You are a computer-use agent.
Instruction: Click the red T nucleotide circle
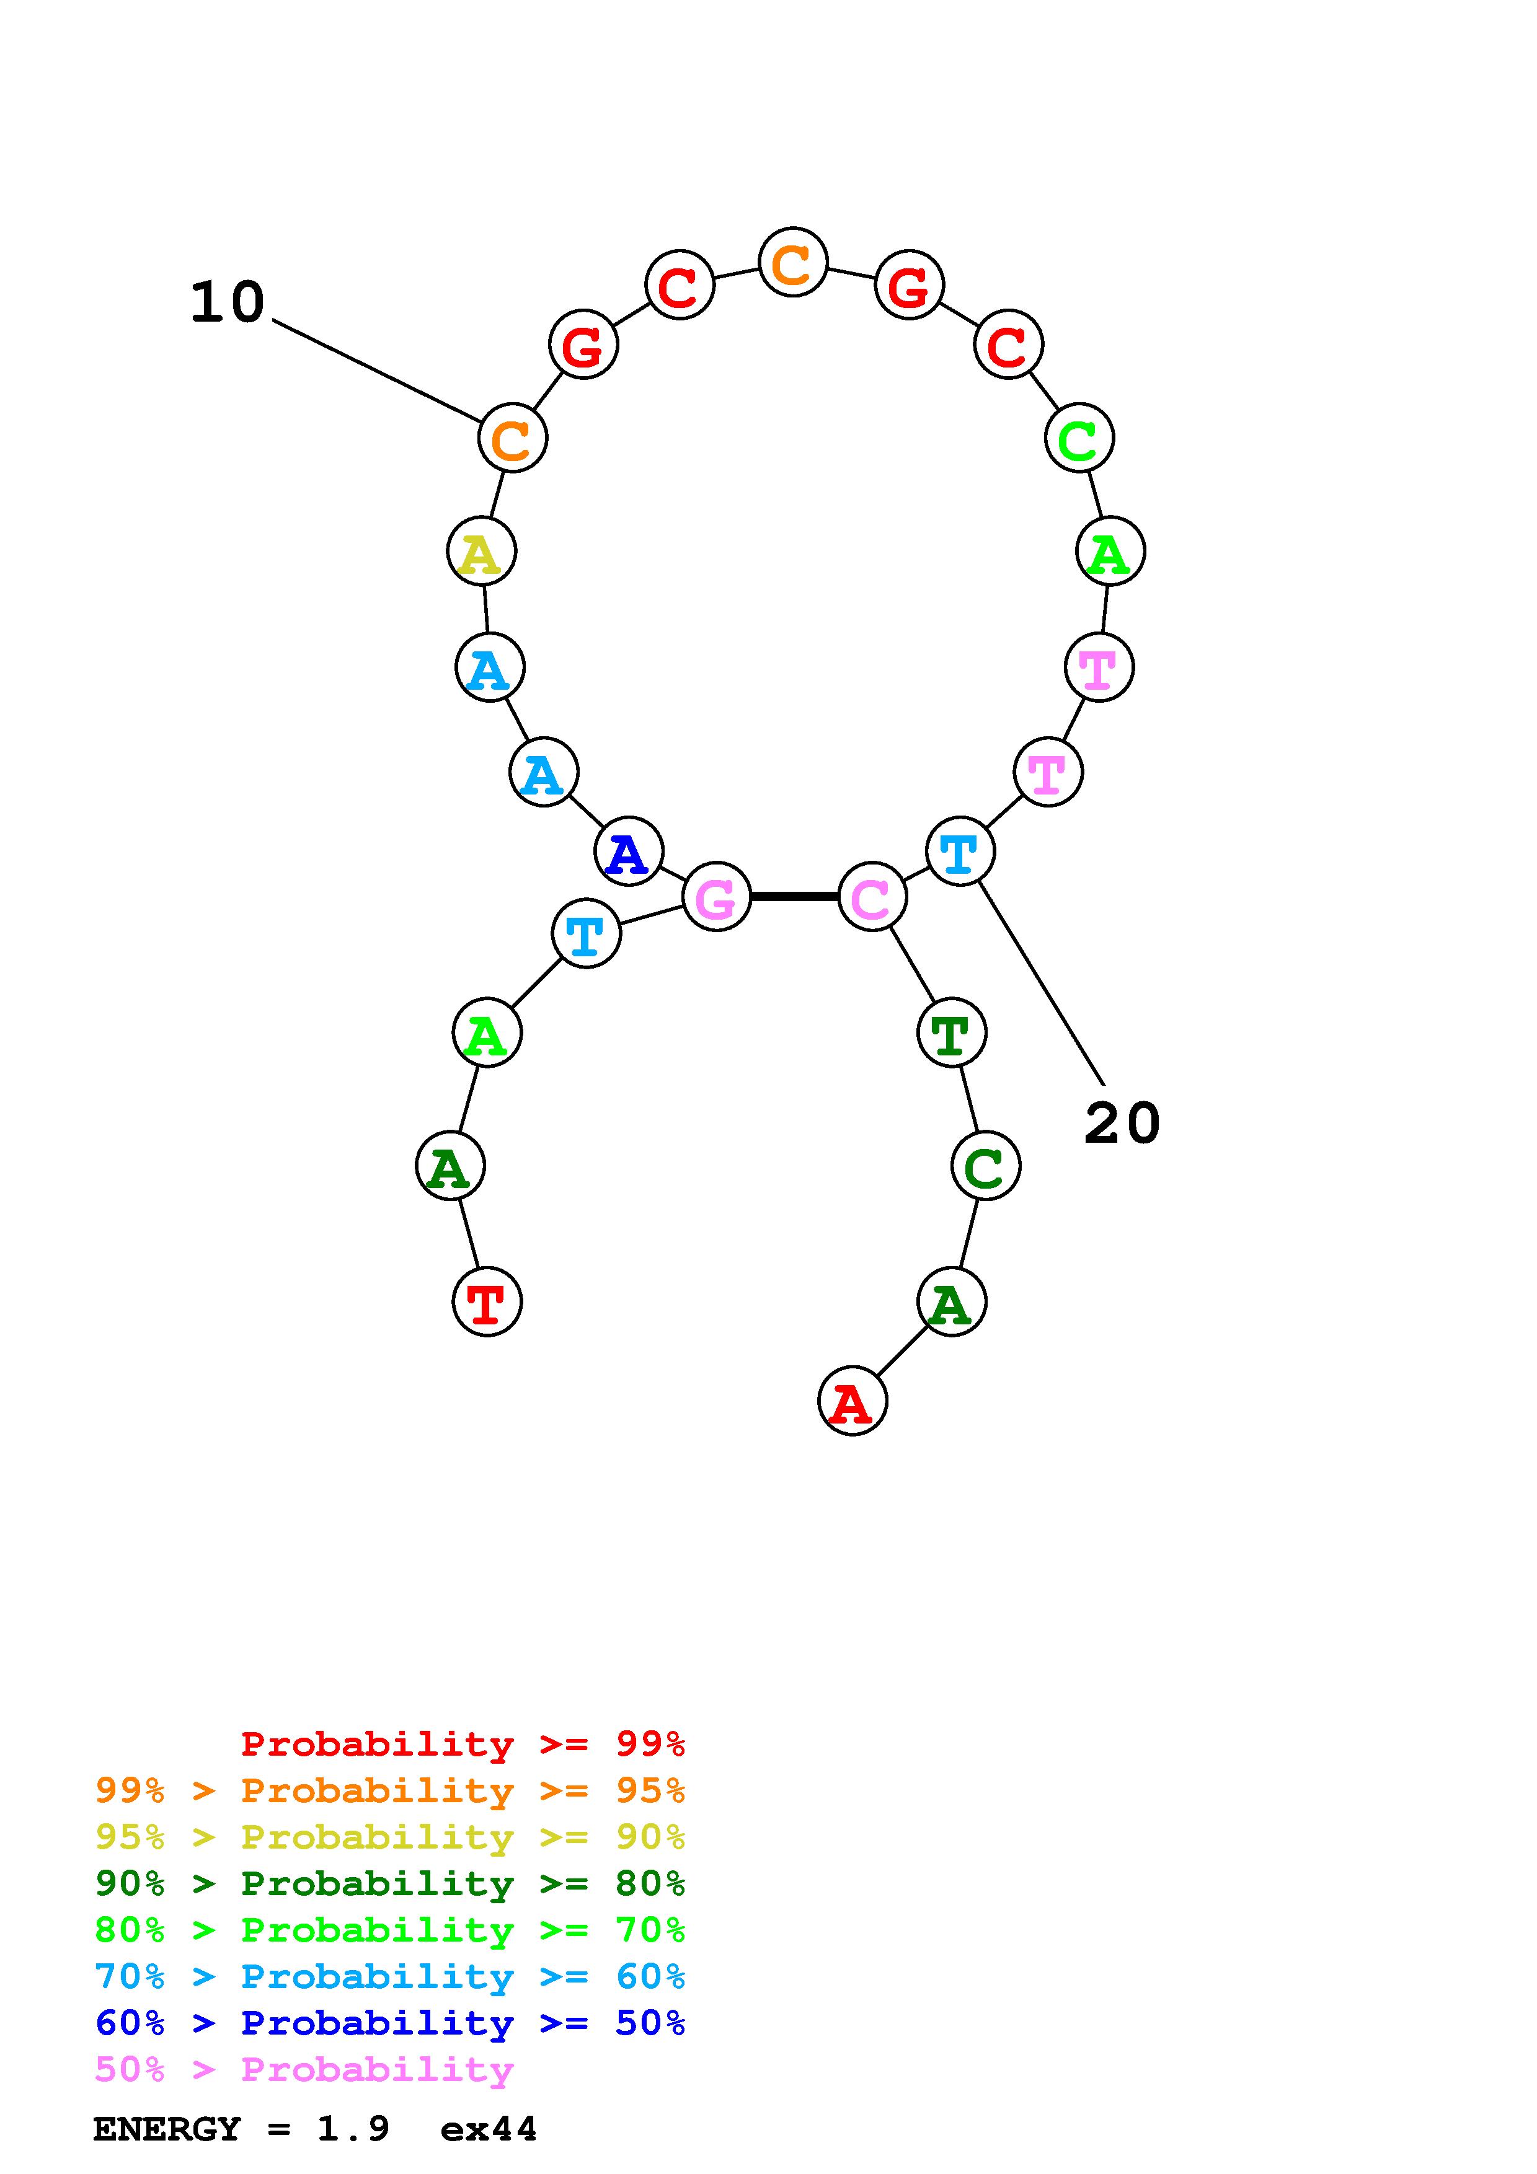(x=487, y=1301)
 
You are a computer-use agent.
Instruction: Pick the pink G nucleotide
(x=716, y=896)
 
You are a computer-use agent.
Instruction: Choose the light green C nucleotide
(x=1079, y=438)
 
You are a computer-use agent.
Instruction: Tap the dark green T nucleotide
(x=951, y=1031)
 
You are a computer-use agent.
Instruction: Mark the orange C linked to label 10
(x=512, y=438)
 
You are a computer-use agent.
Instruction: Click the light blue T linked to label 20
(x=959, y=852)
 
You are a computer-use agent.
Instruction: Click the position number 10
(x=228, y=303)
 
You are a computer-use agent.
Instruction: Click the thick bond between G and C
(x=794, y=896)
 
